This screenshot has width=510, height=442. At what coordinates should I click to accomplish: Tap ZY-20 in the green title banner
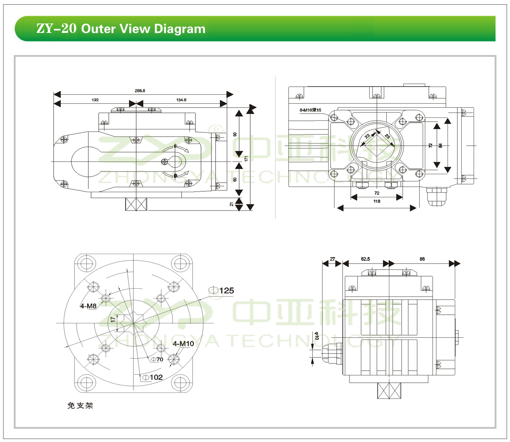coord(56,29)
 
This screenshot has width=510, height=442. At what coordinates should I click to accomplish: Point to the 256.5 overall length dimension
coord(140,91)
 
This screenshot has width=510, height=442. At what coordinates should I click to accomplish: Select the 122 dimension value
coord(95,100)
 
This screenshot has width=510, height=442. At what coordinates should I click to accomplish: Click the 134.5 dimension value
coord(181,100)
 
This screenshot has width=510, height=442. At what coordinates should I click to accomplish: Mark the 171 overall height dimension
coord(246,158)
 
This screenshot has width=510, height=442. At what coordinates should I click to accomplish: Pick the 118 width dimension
coord(377,201)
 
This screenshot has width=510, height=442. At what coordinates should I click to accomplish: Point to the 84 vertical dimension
coord(441,146)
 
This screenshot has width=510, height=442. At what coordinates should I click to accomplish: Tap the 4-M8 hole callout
coord(89,305)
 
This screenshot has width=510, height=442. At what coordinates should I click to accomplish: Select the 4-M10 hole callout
coord(183,343)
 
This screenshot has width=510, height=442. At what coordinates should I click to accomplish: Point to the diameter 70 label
coord(157,360)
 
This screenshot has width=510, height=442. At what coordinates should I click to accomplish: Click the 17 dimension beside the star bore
coord(113,319)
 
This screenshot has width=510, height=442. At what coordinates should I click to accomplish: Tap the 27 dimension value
coord(332,259)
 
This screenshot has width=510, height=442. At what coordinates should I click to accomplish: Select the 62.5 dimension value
coord(365,259)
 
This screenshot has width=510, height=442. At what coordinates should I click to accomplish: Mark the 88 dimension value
coord(422,259)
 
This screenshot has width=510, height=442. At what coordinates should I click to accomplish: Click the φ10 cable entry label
coord(317,336)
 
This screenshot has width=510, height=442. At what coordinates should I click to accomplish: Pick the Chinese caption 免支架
coord(80,405)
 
